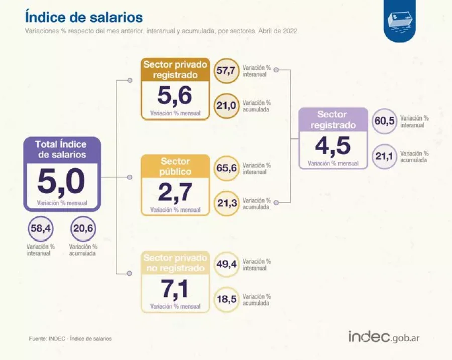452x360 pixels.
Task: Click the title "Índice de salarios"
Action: click(x=83, y=17)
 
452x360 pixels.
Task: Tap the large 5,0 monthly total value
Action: click(x=61, y=182)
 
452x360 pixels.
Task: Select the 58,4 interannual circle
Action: click(x=41, y=228)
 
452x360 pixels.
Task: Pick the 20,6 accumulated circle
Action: click(x=83, y=228)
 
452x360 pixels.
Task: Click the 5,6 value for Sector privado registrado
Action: click(x=175, y=96)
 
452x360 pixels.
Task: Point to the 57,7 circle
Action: click(x=227, y=71)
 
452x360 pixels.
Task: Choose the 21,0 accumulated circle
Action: click(x=227, y=106)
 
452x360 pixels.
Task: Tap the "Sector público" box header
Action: click(x=175, y=166)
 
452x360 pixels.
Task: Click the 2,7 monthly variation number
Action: click(x=175, y=192)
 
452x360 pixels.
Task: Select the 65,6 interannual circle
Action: click(x=227, y=168)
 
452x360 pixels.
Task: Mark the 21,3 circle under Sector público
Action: click(x=227, y=203)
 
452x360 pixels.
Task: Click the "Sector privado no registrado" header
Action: click(x=175, y=263)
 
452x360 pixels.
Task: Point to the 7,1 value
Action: click(x=175, y=289)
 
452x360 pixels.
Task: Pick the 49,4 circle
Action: click(x=227, y=264)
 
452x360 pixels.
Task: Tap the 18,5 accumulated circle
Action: click(x=227, y=299)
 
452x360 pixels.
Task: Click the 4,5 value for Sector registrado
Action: click(x=333, y=146)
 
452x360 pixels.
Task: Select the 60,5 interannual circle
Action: click(x=384, y=121)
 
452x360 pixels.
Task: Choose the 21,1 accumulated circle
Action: click(x=384, y=156)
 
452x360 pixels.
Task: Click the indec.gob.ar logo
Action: click(x=384, y=337)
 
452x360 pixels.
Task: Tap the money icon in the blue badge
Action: click(x=400, y=21)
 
